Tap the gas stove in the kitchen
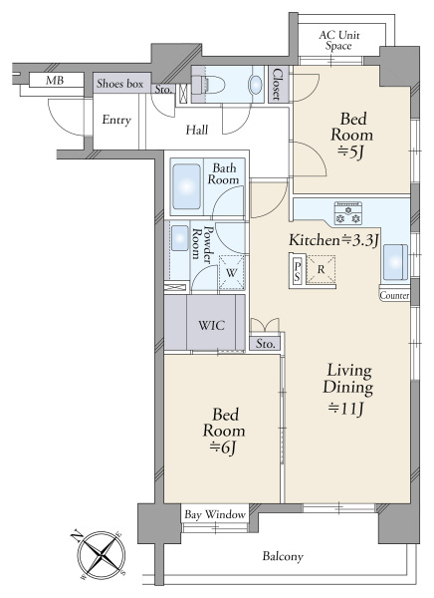pos(347,213)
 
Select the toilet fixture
pos(207,85)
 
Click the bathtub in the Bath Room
pos(186,186)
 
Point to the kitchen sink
pos(395,262)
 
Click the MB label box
pos(57,80)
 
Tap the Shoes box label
pos(119,83)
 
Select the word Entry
pos(116,120)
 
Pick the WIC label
pos(211,325)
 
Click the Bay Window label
pos(215,514)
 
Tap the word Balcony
pos(283,556)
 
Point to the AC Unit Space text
pos(338,41)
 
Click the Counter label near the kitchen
pos(394,295)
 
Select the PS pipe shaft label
pos(298,270)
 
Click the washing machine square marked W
pos(231,273)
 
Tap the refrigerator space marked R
pos(322,270)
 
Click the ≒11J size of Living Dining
pos(346,409)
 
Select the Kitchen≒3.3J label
pos(333,240)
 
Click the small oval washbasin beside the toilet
pos(256,84)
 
